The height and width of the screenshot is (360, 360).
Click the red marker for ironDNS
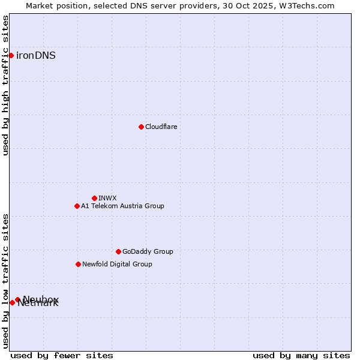11,55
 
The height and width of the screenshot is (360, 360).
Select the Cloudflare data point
141,127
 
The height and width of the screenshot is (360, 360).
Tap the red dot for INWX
94,198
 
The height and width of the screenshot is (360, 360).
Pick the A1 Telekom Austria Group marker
77,206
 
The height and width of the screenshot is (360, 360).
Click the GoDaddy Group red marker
118,251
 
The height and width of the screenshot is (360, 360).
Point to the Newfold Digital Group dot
78,264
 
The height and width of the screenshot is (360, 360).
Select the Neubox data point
17,299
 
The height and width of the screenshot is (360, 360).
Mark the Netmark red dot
12,302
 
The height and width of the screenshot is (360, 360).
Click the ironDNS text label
36,55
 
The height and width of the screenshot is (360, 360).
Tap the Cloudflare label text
161,127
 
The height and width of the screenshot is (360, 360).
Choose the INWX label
107,198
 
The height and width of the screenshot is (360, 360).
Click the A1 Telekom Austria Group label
122,206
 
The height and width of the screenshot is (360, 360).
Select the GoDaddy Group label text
148,251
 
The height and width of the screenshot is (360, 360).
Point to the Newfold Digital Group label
117,264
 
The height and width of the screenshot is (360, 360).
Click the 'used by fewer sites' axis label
62,355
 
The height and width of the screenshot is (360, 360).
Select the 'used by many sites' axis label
301,355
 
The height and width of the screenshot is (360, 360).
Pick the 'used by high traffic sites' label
5,85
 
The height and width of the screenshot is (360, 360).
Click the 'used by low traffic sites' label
5,281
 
